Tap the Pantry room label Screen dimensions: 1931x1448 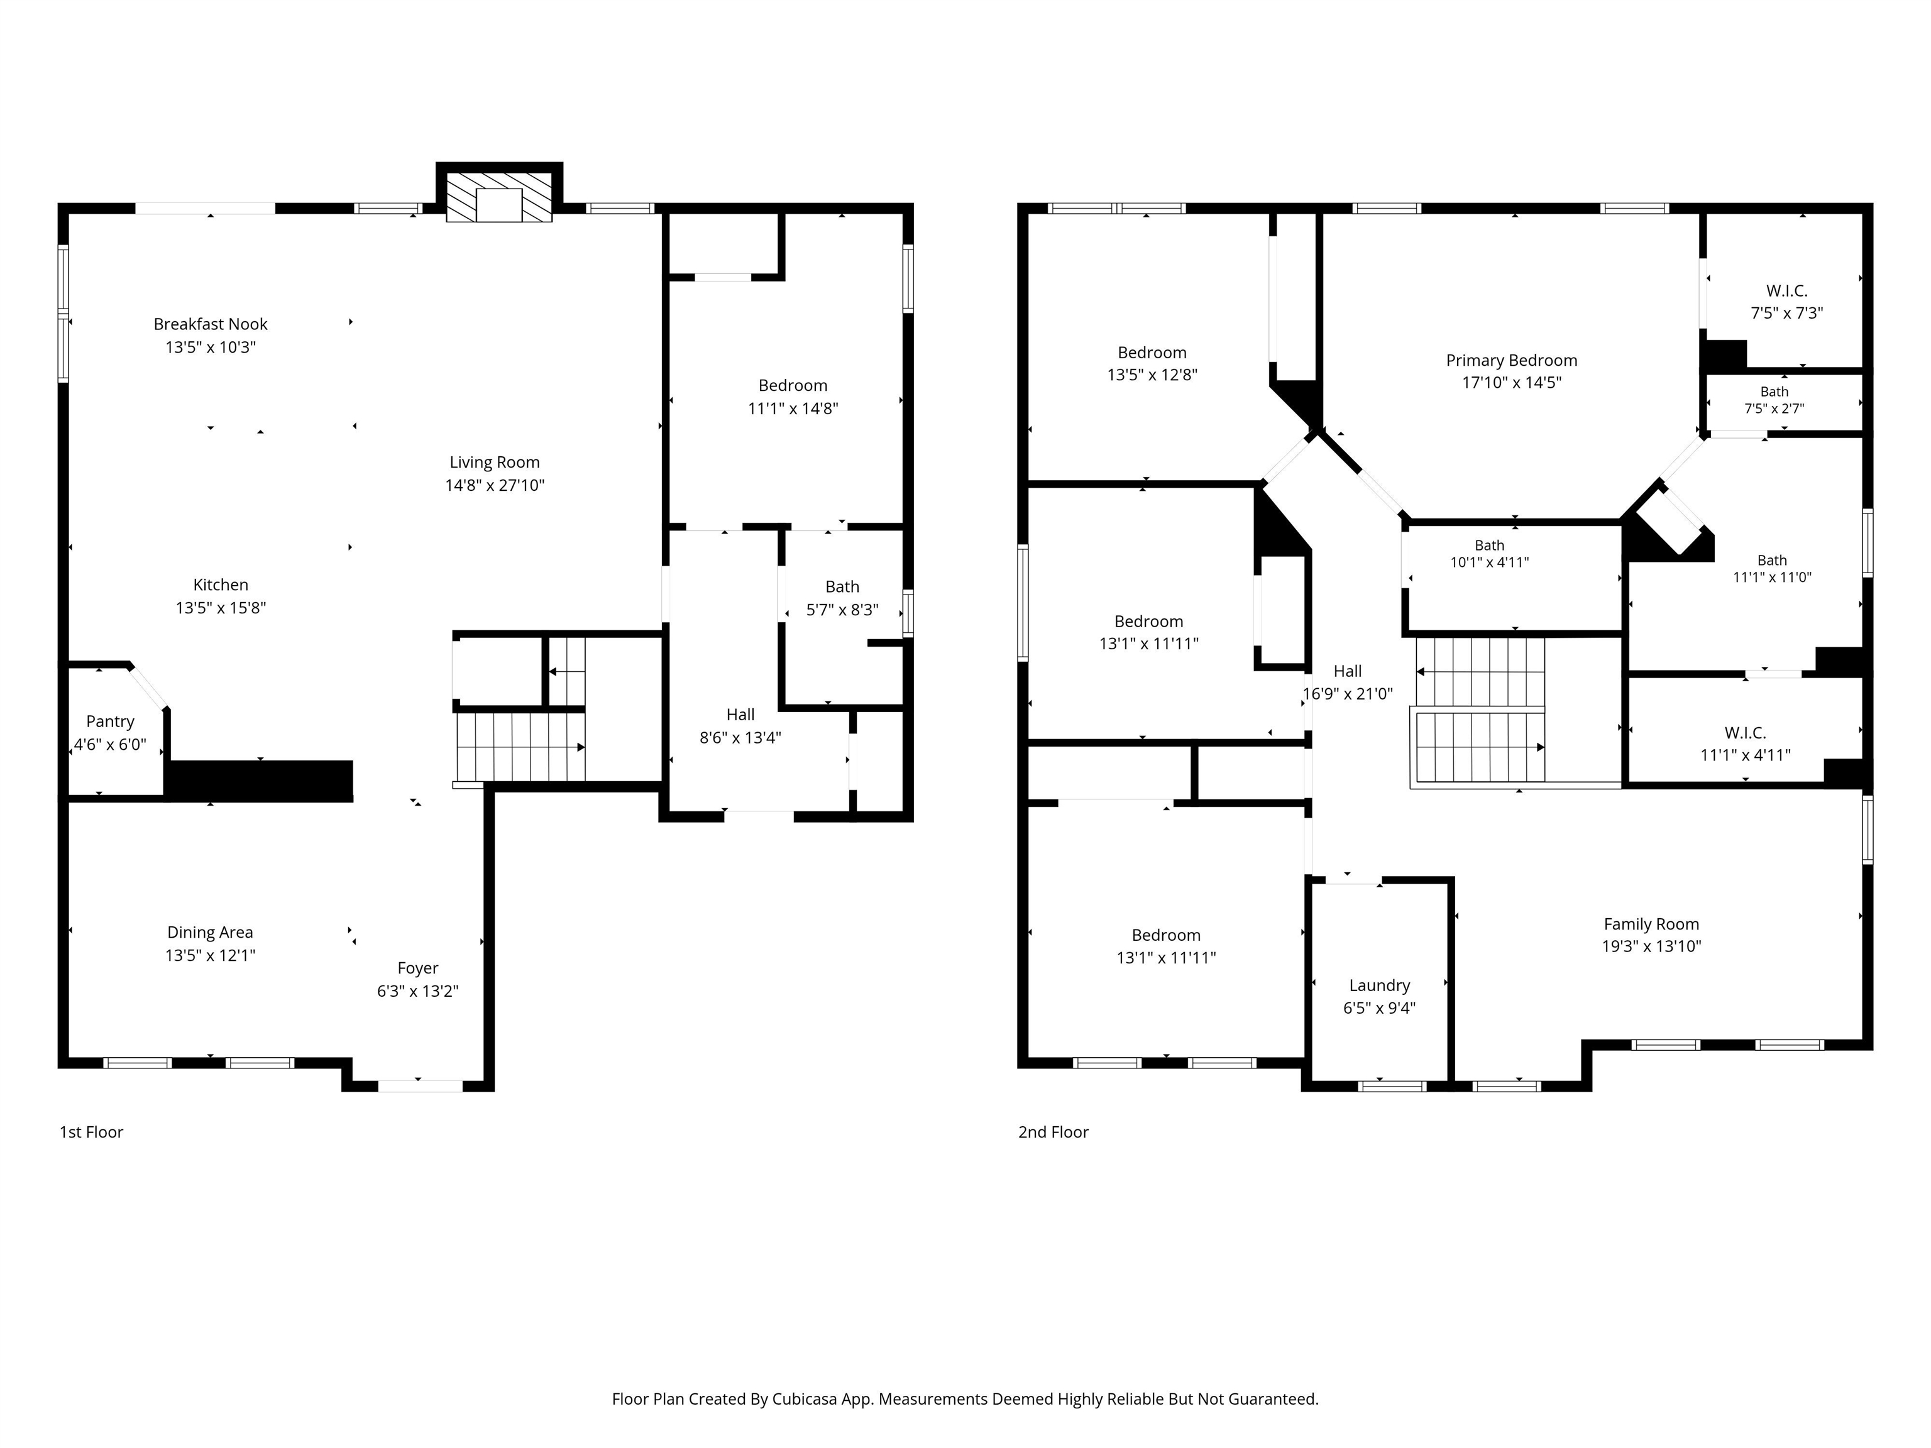click(110, 722)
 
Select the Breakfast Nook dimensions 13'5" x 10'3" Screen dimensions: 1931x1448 click(211, 348)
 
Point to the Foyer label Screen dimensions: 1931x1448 click(417, 968)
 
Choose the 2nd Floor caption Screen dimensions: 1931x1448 click(1054, 1132)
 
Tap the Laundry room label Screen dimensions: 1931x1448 click(1379, 985)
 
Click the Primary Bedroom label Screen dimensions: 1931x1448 click(1512, 361)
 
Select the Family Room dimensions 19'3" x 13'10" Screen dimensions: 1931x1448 click(1652, 946)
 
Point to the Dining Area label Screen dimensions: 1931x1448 click(211, 932)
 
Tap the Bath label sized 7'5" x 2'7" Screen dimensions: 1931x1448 click(1774, 392)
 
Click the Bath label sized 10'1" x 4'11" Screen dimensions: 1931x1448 click(1489, 546)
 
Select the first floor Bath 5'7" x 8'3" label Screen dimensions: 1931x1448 click(842, 586)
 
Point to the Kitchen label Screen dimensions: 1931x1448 click(221, 584)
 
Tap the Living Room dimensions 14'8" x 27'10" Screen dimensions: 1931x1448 click(495, 485)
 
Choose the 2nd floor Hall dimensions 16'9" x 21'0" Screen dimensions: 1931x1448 click(1348, 694)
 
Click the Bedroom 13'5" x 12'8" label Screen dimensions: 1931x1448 click(1152, 353)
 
